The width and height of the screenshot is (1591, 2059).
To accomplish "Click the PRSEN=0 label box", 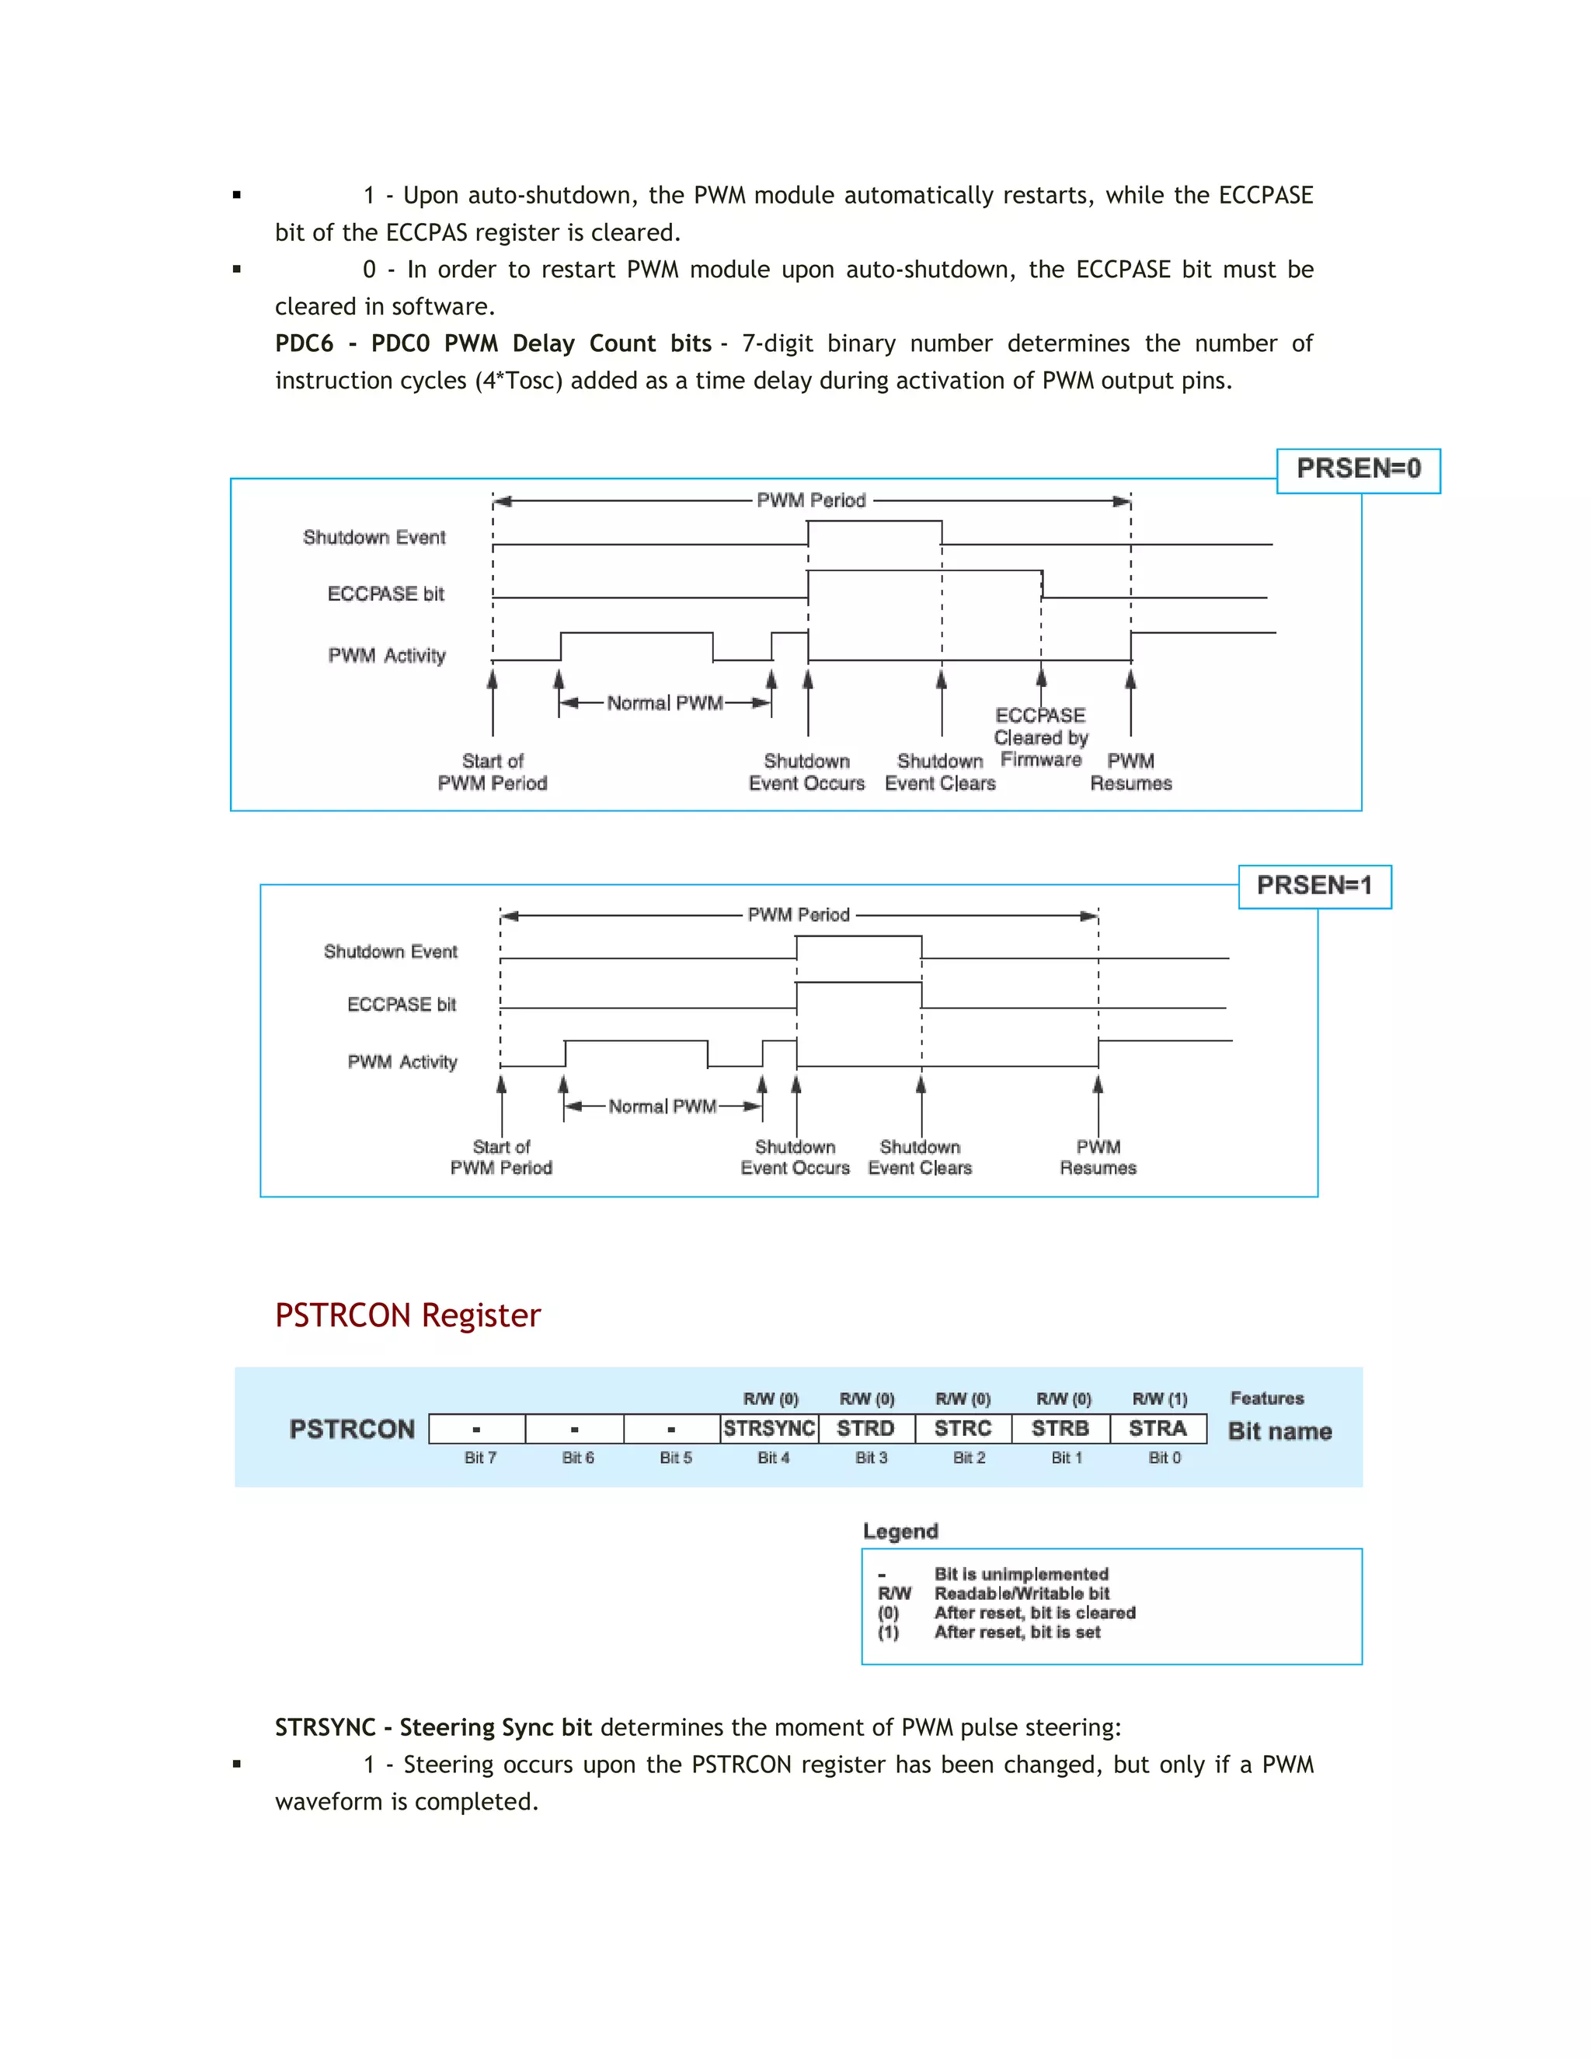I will (1357, 469).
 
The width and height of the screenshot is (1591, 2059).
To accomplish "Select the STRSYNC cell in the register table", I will (769, 1428).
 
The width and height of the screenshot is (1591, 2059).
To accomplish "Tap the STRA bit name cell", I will (1158, 1428).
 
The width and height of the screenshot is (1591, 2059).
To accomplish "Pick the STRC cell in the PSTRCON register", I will (963, 1428).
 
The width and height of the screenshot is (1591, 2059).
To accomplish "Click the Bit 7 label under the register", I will (480, 1458).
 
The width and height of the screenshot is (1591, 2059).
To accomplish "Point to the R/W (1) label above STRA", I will (1159, 1399).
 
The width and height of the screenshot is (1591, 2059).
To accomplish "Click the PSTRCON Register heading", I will (407, 1315).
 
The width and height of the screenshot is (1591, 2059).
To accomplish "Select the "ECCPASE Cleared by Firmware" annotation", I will (1040, 737).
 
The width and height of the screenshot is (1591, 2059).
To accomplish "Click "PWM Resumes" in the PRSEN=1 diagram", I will (1098, 1157).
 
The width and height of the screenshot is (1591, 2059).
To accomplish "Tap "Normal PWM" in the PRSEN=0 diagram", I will (664, 703).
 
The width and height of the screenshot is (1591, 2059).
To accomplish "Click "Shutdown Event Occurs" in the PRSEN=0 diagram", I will (807, 772).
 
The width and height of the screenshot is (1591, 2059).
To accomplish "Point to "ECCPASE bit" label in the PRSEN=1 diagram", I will (402, 1005).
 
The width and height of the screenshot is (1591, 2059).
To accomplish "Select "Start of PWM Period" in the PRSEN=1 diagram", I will (501, 1157).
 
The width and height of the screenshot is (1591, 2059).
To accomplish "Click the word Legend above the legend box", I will (900, 1531).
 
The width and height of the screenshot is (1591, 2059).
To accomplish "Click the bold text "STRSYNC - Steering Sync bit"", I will (433, 1727).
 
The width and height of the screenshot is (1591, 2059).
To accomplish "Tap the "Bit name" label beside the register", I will (1279, 1431).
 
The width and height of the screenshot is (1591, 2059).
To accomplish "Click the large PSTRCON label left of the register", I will (352, 1429).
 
